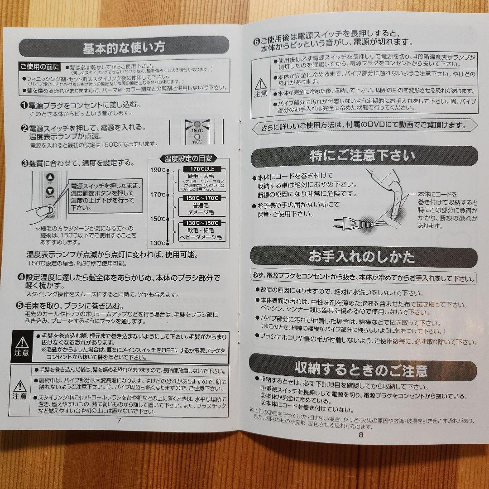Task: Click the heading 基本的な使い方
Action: click(124, 47)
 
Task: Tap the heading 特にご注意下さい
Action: click(362, 156)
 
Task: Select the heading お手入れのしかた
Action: click(362, 257)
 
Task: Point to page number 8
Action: click(361, 436)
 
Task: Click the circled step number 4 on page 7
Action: click(21, 277)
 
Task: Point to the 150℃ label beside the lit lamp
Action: click(197, 130)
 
